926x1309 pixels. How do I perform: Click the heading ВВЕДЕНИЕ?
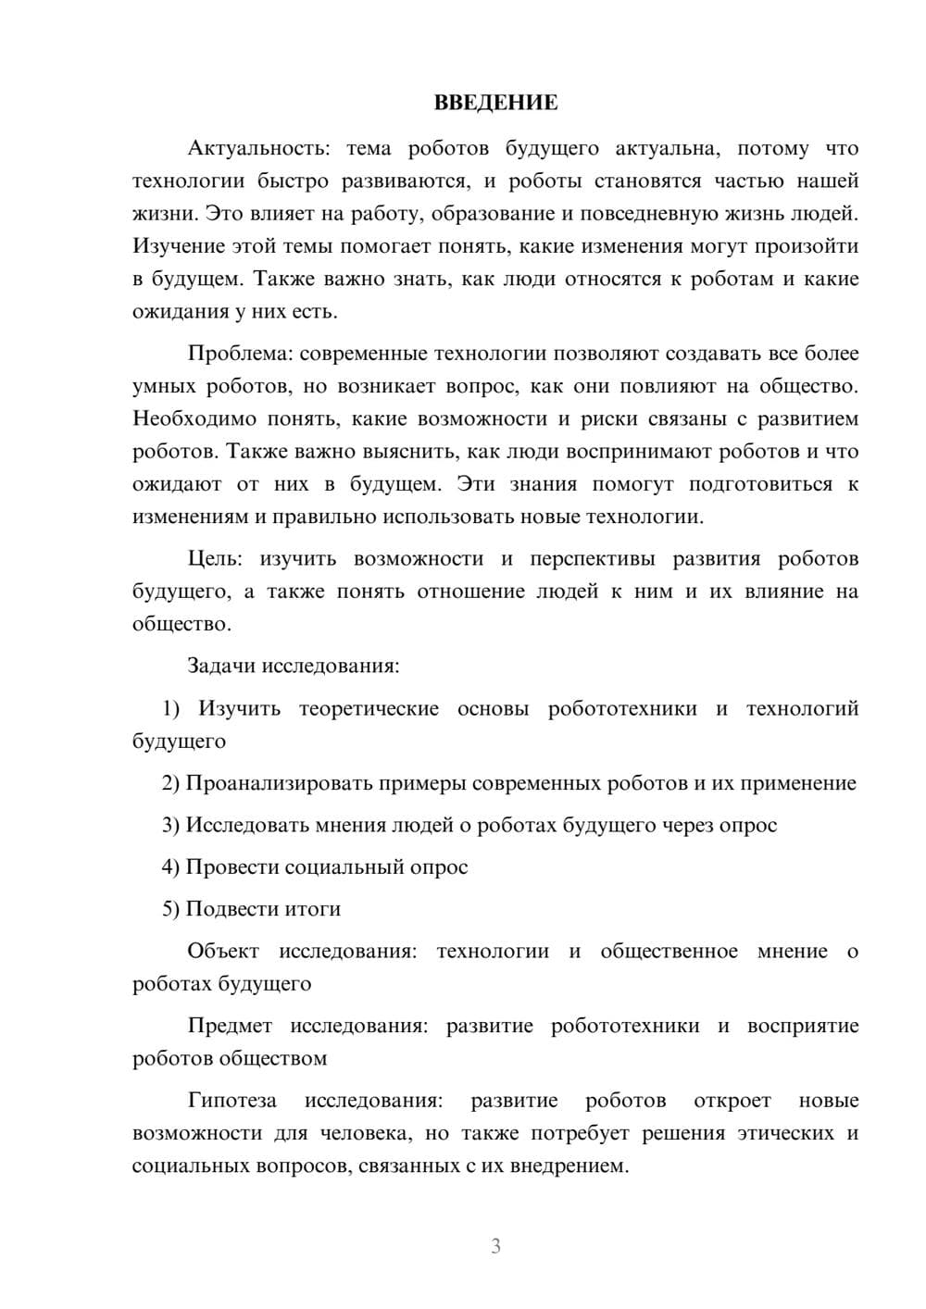click(x=495, y=103)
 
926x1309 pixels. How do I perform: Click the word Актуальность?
click(x=245, y=148)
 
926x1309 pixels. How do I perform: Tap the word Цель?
click(x=214, y=558)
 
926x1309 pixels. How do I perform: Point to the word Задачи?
click(x=221, y=666)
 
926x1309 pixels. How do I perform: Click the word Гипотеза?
click(x=231, y=1100)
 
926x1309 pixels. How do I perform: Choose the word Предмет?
click(x=230, y=1025)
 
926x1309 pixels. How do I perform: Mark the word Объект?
click(x=223, y=951)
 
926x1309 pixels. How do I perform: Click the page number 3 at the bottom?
click(x=495, y=1246)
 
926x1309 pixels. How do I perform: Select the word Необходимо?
click(x=194, y=418)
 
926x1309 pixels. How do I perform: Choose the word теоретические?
click(x=369, y=708)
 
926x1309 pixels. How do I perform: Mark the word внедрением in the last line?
click(x=569, y=1166)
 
